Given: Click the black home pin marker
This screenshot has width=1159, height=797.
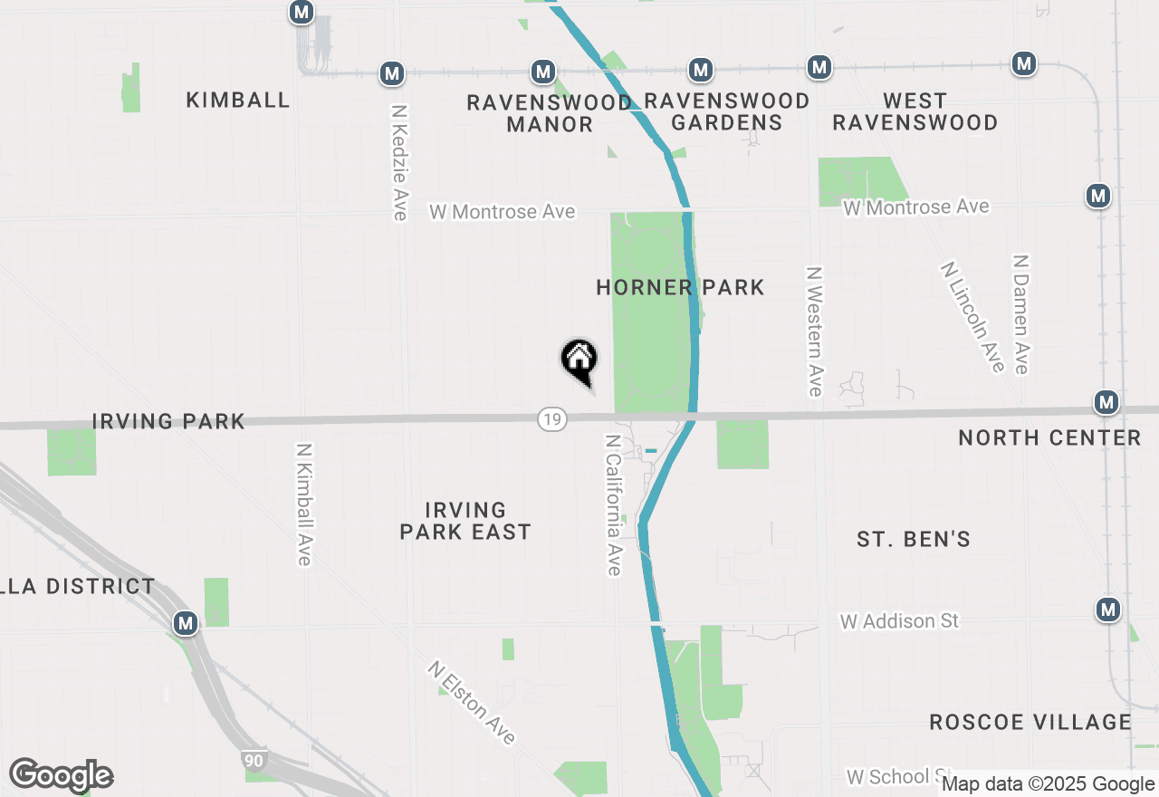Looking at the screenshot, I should [579, 360].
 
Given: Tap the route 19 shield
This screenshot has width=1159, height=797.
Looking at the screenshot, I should [551, 418].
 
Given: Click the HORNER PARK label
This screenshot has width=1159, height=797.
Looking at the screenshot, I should [680, 288].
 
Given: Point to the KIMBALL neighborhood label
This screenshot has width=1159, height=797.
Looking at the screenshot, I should [238, 100].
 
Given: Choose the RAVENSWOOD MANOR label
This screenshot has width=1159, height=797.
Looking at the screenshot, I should [549, 113].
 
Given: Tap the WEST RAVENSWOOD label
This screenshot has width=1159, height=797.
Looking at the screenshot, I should [915, 111].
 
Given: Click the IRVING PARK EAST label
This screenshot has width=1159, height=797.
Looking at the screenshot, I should [465, 521].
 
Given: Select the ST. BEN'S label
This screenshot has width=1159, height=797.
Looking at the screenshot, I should [914, 540].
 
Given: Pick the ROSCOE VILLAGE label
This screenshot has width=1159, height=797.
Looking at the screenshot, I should [1030, 722].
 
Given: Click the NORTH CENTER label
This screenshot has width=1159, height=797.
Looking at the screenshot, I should [1049, 437].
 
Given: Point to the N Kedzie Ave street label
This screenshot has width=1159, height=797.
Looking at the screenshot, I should [399, 162].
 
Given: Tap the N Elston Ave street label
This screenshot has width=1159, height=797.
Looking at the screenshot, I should [472, 703].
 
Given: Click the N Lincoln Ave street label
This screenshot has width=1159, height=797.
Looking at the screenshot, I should [972, 317].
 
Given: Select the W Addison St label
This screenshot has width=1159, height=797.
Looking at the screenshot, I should [899, 621].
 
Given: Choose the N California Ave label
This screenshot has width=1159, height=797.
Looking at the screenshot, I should [613, 504].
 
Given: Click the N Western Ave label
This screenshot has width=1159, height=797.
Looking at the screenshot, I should [814, 331].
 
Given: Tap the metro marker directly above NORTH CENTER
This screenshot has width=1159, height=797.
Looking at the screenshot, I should [1105, 401].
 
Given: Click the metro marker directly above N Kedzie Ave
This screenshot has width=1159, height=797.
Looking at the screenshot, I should [391, 72].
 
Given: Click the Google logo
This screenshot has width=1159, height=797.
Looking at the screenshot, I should [61, 775].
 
